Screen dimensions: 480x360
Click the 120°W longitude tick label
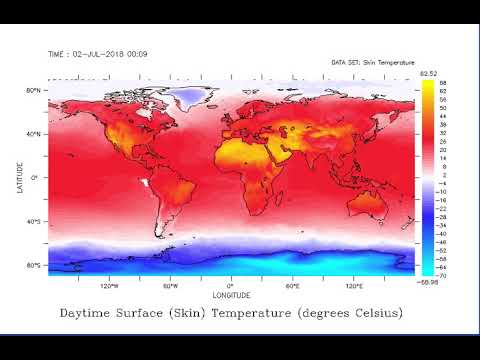[109, 285]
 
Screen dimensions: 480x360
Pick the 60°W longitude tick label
[171, 285]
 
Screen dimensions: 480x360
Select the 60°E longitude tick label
[292, 285]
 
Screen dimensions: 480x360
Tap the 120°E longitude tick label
[353, 285]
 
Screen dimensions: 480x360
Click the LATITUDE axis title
[21, 178]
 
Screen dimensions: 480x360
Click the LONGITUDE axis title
[231, 295]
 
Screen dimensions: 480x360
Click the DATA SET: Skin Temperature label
[371, 62]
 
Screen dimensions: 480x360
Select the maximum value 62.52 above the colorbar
[430, 73]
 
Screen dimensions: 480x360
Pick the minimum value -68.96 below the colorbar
[431, 282]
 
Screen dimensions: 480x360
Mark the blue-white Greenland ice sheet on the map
[188, 97]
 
